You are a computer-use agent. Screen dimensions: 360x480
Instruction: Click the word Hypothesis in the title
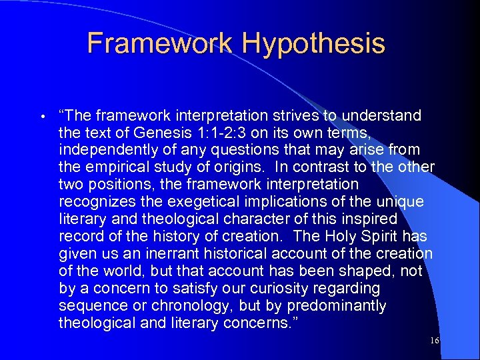tap(313, 43)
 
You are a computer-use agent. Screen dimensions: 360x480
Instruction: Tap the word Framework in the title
tap(160, 43)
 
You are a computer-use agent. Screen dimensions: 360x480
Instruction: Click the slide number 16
tap(435, 341)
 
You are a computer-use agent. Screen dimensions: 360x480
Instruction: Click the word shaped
tap(365, 271)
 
